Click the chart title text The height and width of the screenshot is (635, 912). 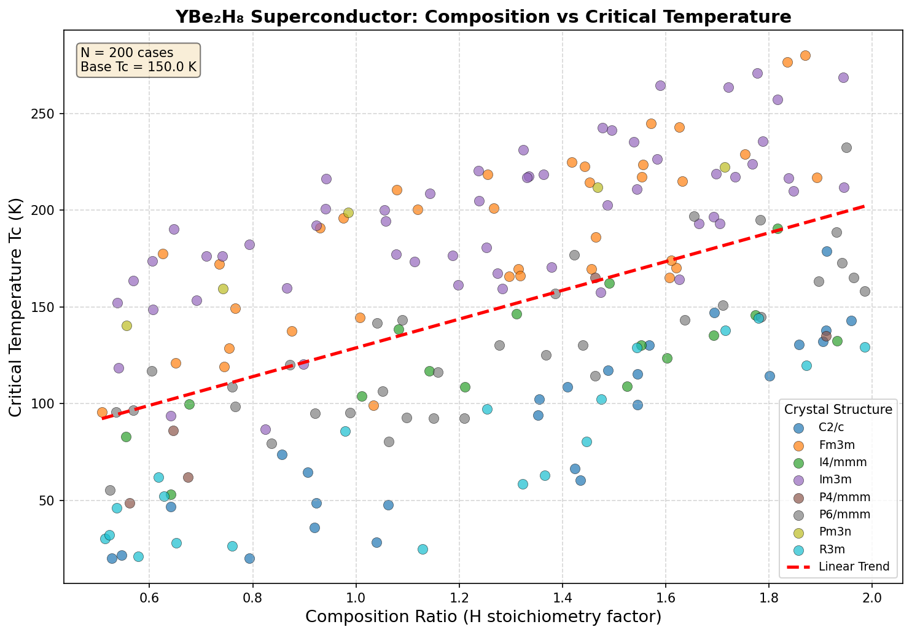click(483, 17)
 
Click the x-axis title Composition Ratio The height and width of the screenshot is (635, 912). click(483, 617)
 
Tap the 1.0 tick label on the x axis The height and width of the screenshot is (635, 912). click(356, 595)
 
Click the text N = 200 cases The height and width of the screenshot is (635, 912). click(127, 53)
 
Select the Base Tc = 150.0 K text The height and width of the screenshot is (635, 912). click(138, 67)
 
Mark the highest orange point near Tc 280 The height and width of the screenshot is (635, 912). click(805, 55)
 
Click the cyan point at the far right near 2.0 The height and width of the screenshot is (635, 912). click(865, 347)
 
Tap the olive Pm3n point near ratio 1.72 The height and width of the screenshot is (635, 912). click(725, 167)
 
